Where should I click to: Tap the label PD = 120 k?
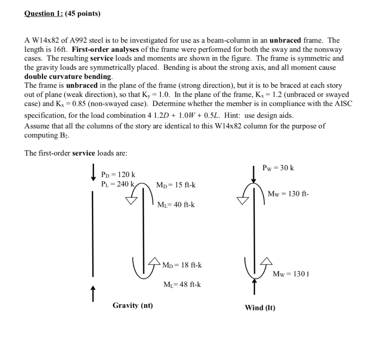(x=118, y=174)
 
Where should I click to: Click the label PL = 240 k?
(x=118, y=184)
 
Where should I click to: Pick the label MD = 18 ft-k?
(x=182, y=265)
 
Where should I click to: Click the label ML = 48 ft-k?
(x=182, y=285)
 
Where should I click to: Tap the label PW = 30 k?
(x=278, y=168)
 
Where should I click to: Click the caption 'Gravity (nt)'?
(x=133, y=305)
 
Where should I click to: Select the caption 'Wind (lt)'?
(x=260, y=308)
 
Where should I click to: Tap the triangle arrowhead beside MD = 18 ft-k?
(x=155, y=262)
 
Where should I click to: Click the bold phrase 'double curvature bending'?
(x=68, y=76)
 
